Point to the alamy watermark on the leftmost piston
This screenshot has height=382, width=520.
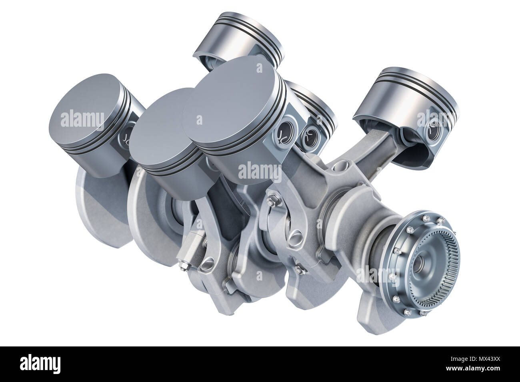tap(82, 119)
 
